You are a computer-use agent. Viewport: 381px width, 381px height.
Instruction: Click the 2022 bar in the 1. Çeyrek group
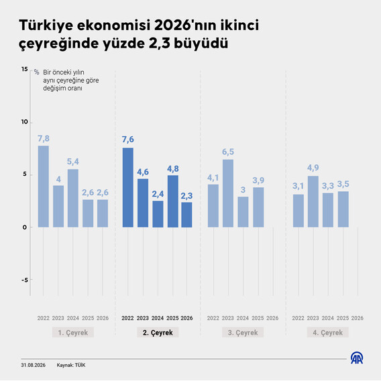coord(43,186)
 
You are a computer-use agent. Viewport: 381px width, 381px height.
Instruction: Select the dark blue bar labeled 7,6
coord(128,187)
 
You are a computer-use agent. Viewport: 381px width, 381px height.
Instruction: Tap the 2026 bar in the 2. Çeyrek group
coord(186,215)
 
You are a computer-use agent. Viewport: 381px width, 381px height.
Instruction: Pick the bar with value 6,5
coord(228,193)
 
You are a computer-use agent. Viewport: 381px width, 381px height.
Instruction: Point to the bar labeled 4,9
coord(313,202)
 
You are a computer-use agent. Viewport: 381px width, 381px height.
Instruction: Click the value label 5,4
coord(73,162)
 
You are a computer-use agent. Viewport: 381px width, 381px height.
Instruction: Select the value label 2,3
coord(186,196)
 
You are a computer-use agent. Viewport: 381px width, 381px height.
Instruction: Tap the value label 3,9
coord(258,180)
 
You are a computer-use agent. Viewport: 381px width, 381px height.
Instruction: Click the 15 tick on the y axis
coord(25,69)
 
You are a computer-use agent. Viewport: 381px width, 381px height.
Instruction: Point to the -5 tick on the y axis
coord(25,280)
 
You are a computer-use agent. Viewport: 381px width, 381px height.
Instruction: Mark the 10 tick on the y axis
coord(25,122)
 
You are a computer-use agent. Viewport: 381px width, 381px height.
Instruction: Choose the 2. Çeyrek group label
coord(158,333)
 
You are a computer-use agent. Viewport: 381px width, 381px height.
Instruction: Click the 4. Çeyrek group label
coord(327,333)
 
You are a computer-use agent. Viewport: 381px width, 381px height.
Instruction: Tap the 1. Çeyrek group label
coord(73,333)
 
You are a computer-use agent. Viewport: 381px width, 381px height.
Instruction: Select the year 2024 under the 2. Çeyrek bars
coord(158,318)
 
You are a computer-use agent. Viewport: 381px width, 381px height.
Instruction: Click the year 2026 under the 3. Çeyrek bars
coord(272,318)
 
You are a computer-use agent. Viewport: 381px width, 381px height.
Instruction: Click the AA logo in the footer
coord(357,358)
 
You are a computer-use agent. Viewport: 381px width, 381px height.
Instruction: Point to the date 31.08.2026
coord(33,365)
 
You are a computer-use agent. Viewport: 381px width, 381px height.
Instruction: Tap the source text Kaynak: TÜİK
coord(71,365)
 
